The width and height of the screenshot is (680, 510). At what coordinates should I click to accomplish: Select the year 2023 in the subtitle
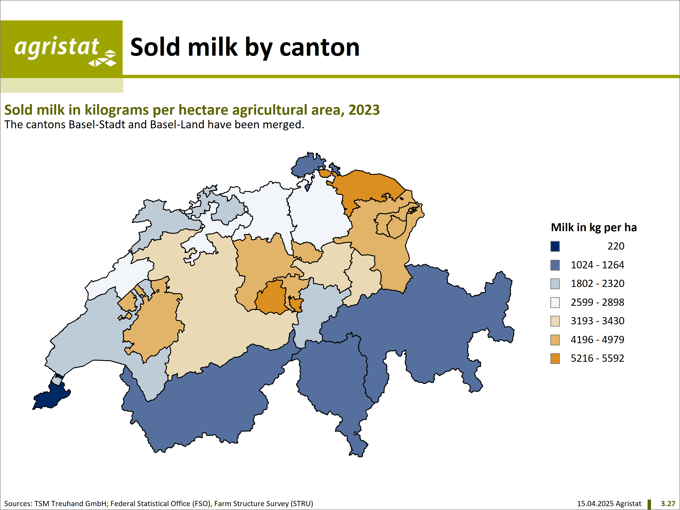click(x=364, y=110)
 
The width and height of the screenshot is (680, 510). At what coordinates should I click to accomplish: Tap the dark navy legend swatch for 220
click(x=555, y=246)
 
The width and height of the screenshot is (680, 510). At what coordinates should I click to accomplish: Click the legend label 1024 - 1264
click(x=597, y=265)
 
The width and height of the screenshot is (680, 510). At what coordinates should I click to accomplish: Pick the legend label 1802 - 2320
click(x=597, y=283)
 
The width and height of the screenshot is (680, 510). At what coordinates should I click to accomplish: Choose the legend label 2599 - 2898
click(x=597, y=302)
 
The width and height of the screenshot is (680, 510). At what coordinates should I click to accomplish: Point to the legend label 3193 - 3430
click(x=597, y=321)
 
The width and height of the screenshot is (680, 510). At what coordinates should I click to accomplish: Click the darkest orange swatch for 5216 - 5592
click(x=555, y=358)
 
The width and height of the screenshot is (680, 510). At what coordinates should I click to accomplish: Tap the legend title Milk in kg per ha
click(x=594, y=228)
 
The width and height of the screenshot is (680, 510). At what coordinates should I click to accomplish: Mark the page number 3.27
click(x=668, y=504)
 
